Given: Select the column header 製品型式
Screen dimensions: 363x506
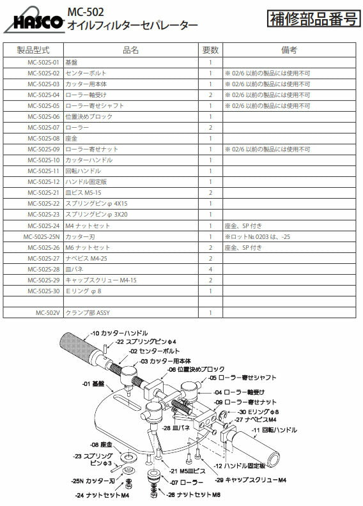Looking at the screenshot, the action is (x=33, y=50).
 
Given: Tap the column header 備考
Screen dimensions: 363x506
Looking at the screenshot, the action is (x=289, y=50).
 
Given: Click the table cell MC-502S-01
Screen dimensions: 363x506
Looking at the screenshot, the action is (x=44, y=63).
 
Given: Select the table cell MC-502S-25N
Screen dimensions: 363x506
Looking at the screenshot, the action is (x=42, y=236).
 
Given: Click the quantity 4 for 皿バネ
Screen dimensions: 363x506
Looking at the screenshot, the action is (x=210, y=269).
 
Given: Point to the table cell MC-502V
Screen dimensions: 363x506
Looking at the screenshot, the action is (x=48, y=312).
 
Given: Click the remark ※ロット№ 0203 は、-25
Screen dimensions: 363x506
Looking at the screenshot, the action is (x=256, y=236).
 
